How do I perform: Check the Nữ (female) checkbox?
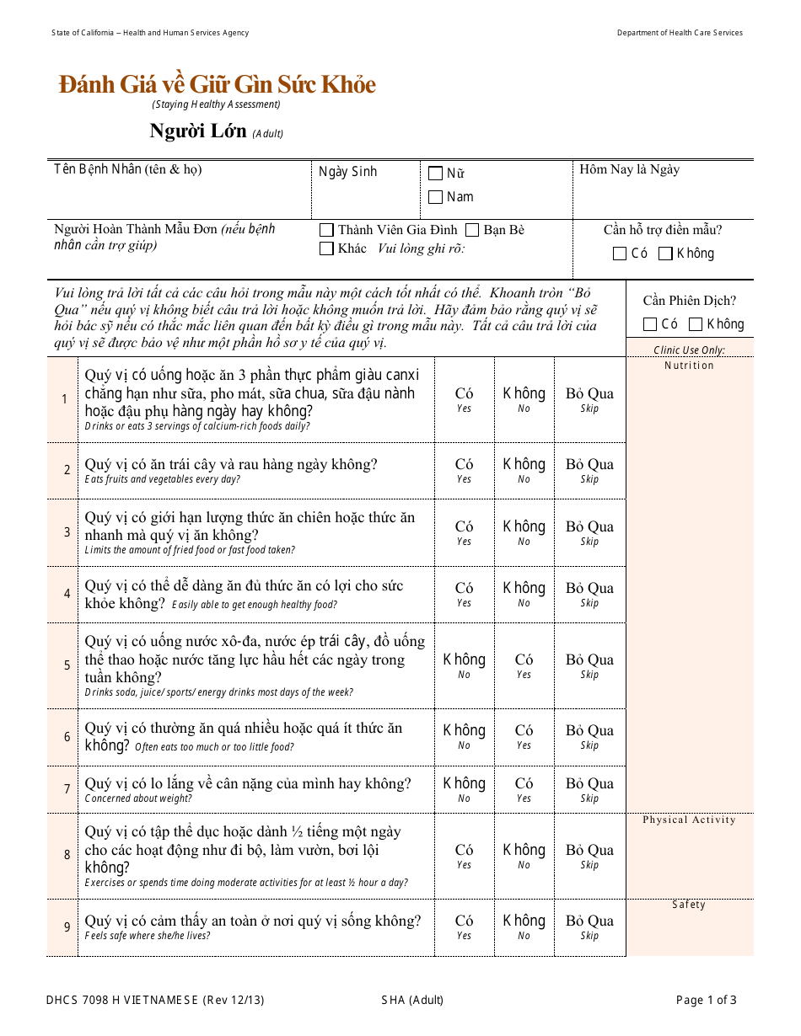pos(435,174)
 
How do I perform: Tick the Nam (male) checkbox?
pos(435,197)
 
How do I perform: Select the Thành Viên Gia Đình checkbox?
pos(326,230)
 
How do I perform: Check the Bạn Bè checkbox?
pos(472,230)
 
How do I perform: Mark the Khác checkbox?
pos(326,248)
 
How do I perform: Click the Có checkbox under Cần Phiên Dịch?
pos(649,324)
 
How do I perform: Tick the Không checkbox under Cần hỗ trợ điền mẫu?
pos(665,254)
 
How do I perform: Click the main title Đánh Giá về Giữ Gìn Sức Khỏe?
pos(217,85)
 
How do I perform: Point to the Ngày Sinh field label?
pos(347,172)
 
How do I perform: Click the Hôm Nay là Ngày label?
pos(629,169)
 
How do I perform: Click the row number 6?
pos(67,737)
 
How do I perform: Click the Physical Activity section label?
pos(689,820)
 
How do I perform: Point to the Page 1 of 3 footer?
pos(706,1001)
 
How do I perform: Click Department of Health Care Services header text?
pos(680,33)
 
